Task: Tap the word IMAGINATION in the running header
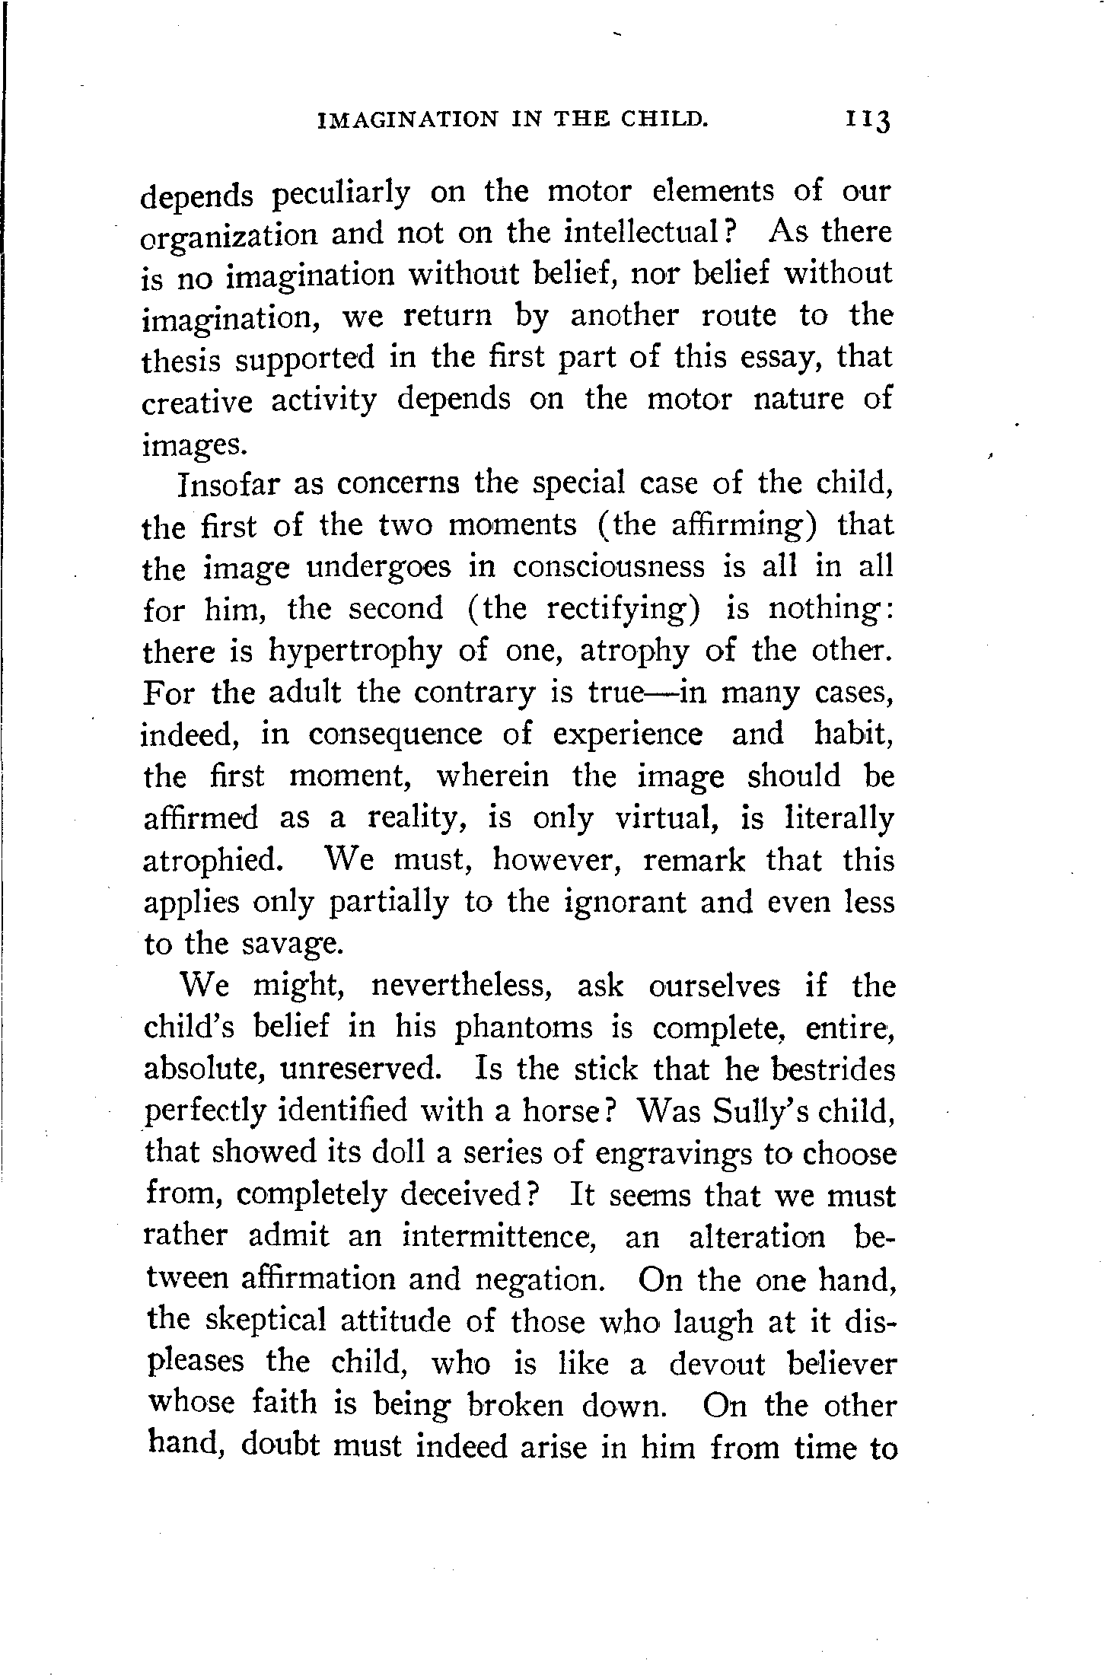point(406,120)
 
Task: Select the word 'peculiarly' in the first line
point(340,193)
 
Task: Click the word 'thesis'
point(181,358)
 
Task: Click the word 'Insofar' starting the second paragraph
point(231,484)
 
